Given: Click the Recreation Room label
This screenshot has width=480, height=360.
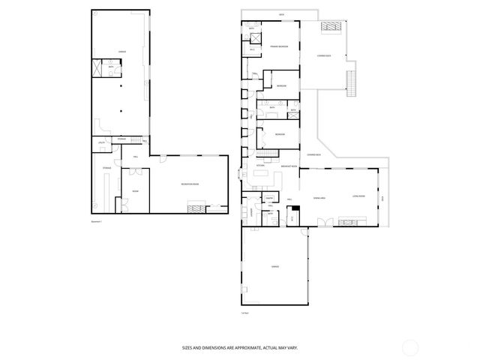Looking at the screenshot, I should click(x=189, y=184).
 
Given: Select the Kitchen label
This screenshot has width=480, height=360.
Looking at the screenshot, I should click(x=260, y=165).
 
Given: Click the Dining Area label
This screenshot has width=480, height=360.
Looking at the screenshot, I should click(x=319, y=196).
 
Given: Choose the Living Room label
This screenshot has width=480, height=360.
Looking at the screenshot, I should click(x=358, y=196).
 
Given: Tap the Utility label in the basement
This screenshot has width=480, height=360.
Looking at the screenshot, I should click(x=100, y=142).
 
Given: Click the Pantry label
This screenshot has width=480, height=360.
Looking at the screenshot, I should click(x=268, y=199).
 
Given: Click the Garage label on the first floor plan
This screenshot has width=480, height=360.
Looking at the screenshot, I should click(x=274, y=267).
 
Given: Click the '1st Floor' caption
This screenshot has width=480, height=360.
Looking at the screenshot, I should click(x=244, y=313).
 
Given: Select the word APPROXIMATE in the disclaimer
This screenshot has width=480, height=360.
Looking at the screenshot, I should click(x=245, y=348).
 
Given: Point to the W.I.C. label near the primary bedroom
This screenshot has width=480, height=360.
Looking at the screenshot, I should click(x=253, y=49).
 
